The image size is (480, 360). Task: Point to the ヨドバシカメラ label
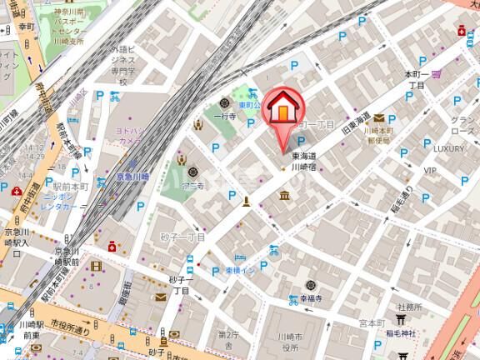point(132,136)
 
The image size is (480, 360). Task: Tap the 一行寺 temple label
point(226,117)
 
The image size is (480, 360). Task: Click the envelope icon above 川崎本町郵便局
point(379,117)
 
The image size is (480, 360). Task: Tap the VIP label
point(430,170)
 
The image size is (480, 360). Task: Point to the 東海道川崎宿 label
point(307,161)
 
